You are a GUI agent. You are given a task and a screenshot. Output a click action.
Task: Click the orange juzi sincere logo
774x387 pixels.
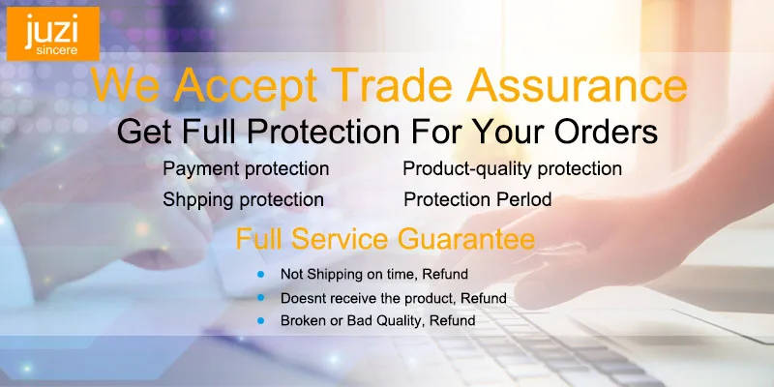click(53, 34)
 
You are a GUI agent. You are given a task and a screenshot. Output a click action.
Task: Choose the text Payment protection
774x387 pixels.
click(246, 168)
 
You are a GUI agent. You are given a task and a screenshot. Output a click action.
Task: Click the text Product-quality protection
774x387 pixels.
click(513, 168)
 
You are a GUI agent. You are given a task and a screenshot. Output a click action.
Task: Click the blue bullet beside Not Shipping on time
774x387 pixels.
click(260, 274)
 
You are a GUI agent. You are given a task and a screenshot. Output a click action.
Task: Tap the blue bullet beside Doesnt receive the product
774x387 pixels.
click(260, 297)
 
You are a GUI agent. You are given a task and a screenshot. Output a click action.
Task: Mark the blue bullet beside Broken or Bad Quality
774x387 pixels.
click(260, 321)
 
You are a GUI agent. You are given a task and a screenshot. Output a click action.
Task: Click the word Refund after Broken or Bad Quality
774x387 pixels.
click(453, 320)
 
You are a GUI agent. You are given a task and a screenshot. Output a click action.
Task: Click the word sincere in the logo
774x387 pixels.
click(57, 50)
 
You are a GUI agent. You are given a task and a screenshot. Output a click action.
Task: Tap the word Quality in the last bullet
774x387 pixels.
click(400, 321)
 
